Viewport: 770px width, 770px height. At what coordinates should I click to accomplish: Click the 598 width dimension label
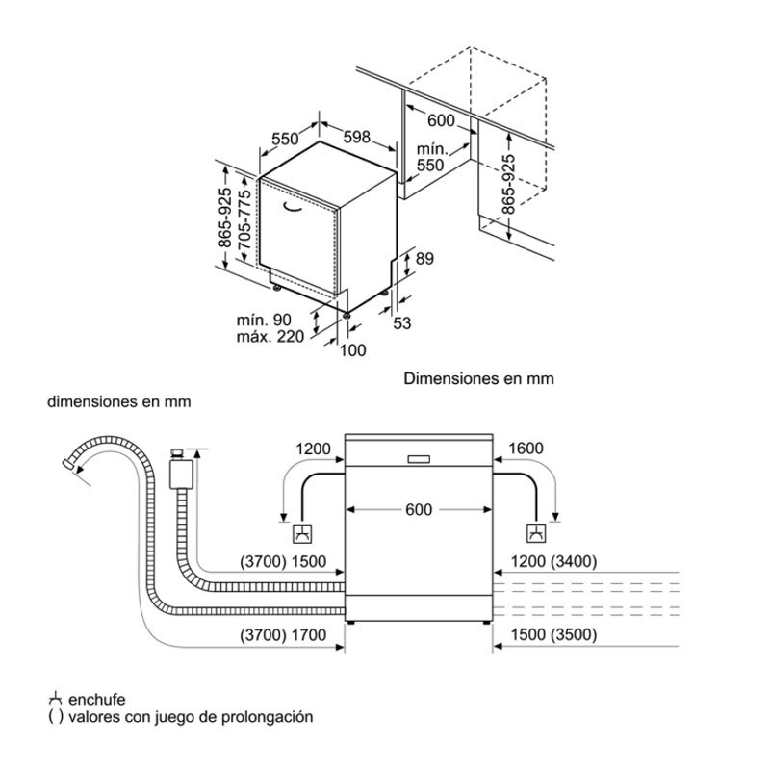coord(356,138)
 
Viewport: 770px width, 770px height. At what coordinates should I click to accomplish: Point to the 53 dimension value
coord(402,323)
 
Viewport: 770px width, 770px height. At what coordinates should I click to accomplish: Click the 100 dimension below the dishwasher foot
coord(354,350)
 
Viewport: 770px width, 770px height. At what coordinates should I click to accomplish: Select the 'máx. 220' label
coord(269,336)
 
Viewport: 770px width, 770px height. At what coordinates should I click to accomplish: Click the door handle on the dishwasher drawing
coord(295,204)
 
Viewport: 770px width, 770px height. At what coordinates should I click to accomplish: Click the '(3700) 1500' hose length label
coord(286,562)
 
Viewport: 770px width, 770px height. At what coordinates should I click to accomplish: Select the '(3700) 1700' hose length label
coord(286,635)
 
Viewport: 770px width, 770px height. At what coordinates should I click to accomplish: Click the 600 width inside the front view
coord(419,510)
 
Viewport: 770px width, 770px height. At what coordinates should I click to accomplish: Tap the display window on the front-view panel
coord(421,459)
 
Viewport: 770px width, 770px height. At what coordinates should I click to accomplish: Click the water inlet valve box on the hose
coord(177,474)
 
